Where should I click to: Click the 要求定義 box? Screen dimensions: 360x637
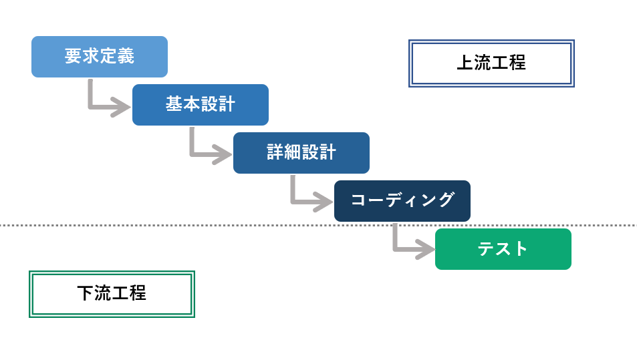[99, 57]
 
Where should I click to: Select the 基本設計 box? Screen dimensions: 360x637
[200, 105]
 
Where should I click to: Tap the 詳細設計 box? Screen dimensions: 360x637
[301, 153]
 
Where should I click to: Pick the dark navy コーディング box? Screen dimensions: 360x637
[402, 201]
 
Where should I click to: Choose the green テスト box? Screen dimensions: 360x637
[503, 249]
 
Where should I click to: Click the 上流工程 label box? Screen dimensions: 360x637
[491, 63]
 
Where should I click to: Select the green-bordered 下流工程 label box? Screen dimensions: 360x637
[112, 294]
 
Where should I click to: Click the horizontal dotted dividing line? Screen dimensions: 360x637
[201, 225]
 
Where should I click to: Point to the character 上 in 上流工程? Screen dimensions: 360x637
[465, 63]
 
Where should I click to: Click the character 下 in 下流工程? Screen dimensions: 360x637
[86, 293]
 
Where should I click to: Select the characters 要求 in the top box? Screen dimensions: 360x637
[82, 56]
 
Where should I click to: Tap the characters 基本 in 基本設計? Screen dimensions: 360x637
[183, 104]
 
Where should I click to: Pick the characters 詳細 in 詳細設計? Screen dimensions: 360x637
[284, 152]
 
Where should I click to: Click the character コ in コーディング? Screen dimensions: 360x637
[358, 200]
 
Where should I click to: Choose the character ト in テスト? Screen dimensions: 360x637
[521, 249]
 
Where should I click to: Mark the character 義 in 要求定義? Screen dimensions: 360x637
[126, 56]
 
